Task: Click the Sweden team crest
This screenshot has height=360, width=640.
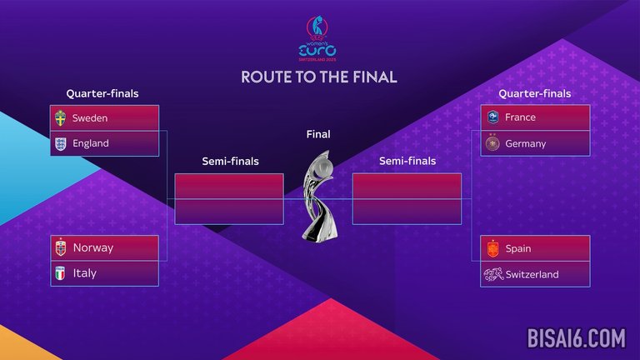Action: point(60,118)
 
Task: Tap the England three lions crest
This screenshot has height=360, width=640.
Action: point(60,143)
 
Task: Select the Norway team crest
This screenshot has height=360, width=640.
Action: point(60,247)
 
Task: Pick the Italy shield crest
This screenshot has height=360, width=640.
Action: point(60,273)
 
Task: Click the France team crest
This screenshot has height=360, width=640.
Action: point(492,117)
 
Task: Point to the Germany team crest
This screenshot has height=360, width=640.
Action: point(492,142)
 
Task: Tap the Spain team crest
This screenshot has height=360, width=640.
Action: point(492,248)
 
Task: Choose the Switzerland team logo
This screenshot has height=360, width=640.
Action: point(493,274)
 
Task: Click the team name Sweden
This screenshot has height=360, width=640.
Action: point(90,118)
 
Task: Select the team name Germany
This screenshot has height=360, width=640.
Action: point(525,143)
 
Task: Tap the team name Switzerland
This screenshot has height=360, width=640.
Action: point(532,274)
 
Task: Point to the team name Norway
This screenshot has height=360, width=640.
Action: point(93,247)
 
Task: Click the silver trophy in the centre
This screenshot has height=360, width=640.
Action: point(319,196)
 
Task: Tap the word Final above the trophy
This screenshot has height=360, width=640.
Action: point(318,134)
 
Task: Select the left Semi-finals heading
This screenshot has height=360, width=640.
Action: point(230,161)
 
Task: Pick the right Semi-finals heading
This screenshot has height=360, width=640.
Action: point(407,161)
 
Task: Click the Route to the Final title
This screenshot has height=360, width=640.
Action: point(319,77)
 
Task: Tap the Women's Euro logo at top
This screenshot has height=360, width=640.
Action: point(317,38)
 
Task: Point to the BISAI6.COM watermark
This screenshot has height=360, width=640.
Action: point(576,338)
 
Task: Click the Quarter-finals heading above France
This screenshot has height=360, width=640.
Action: point(535,93)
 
